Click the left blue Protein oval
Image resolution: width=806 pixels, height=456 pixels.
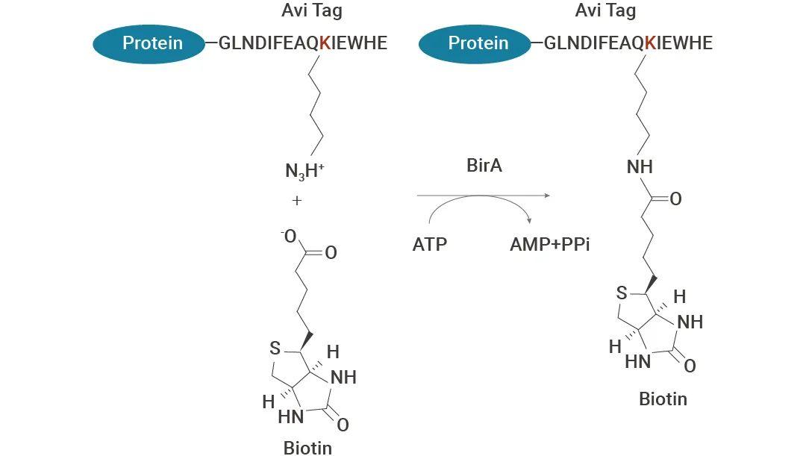click(149, 44)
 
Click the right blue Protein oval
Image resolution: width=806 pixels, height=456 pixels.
click(475, 44)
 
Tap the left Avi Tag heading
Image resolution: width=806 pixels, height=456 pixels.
click(311, 10)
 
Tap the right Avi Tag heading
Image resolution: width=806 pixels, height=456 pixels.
click(605, 10)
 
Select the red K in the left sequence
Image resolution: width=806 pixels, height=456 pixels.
click(325, 43)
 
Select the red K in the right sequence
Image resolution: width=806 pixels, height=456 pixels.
click(650, 43)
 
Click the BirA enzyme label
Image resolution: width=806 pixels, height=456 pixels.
click(484, 166)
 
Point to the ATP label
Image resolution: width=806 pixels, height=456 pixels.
click(430, 244)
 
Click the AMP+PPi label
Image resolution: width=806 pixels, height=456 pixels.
click(549, 244)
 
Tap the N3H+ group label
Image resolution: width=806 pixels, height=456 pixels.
click(304, 171)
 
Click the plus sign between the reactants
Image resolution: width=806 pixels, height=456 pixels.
click(296, 201)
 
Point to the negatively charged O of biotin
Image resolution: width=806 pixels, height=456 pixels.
click(289, 237)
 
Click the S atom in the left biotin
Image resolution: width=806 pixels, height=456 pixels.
click(275, 349)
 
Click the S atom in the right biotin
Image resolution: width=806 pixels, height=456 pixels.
click(622, 293)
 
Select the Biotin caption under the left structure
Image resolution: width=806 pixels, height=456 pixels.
click(307, 447)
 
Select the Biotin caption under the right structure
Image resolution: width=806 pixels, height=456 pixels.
click(663, 399)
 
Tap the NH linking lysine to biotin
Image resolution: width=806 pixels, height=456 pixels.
click(640, 167)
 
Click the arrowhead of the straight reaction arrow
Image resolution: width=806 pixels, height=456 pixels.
click(547, 196)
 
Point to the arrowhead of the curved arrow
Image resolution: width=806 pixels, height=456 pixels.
click(529, 220)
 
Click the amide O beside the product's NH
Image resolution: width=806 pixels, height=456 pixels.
click(675, 199)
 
